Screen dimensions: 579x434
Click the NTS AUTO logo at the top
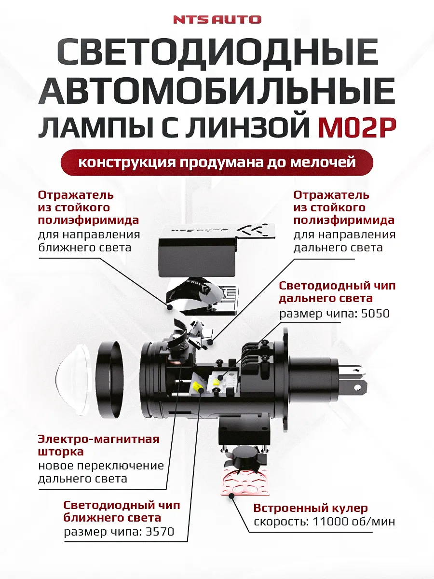pyautogui.click(x=217, y=19)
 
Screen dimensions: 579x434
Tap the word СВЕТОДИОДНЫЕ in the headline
pyautogui.click(x=217, y=54)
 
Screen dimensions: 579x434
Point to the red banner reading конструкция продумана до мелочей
pyautogui.click(x=217, y=162)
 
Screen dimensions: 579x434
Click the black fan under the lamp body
pyautogui.click(x=246, y=455)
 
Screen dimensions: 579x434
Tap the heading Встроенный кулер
pyautogui.click(x=311, y=508)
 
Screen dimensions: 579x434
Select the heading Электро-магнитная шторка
pyautogui.click(x=98, y=445)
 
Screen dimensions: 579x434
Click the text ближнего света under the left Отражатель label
pyautogui.click(x=84, y=248)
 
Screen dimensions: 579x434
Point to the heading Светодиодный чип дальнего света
pyautogui.click(x=337, y=292)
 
